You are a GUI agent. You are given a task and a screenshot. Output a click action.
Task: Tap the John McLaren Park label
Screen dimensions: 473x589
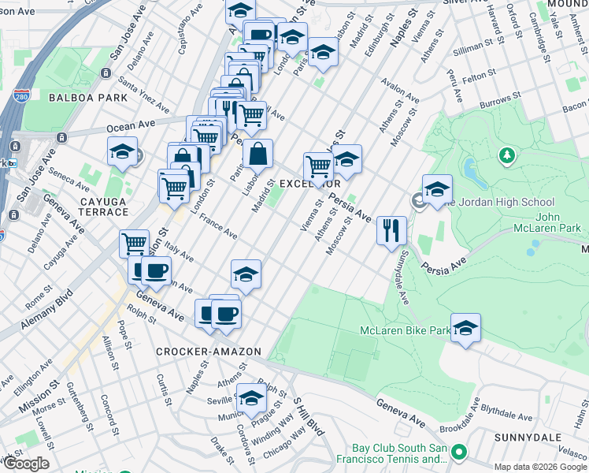point(558,224)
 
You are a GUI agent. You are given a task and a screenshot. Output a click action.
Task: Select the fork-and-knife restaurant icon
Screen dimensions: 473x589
point(391,230)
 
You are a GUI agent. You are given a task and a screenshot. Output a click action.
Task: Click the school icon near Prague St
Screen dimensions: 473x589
point(251,398)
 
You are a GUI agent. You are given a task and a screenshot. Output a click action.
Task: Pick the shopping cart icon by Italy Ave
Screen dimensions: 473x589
point(135,243)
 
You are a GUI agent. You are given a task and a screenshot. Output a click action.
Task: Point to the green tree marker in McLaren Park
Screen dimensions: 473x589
point(508,155)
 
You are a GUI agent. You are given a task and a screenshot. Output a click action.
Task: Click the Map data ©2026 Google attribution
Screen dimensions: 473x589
point(540,467)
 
